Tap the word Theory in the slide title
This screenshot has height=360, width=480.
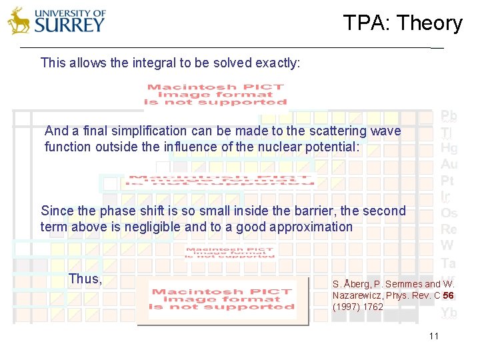[431, 23]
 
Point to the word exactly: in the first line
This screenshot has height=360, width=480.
[277, 63]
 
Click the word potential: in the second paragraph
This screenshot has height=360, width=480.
[331, 147]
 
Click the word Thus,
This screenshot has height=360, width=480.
[85, 279]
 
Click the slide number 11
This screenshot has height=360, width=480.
[434, 336]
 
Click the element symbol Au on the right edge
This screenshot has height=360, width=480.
[449, 164]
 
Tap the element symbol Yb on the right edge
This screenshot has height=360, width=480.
[449, 313]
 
